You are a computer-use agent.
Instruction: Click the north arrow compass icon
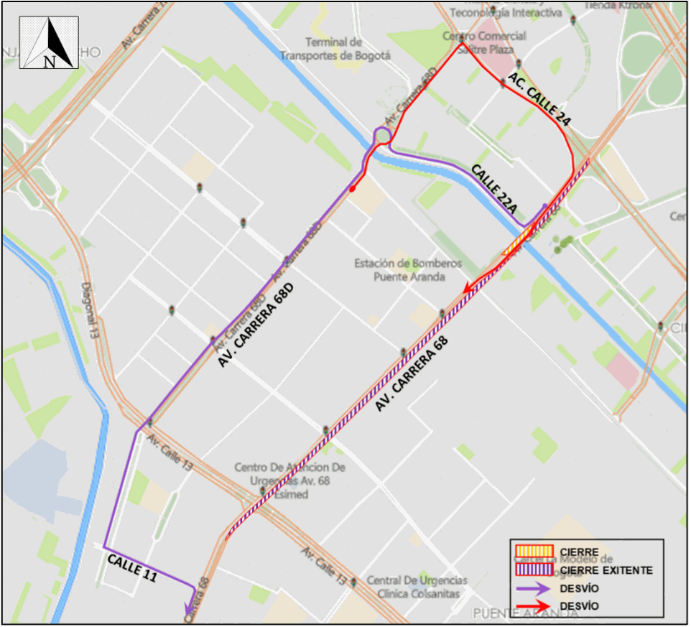pos(49,42)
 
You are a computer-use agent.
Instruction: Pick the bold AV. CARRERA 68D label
pos(257,327)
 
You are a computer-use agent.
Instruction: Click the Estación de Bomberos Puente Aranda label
pos(399,270)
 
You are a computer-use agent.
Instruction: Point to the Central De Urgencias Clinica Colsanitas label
pos(417,587)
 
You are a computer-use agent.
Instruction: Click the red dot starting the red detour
pos(352,190)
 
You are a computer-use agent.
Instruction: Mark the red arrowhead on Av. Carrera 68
pos(468,288)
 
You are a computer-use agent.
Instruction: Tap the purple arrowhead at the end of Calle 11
pos(190,593)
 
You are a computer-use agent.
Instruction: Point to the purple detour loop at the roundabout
pos(382,135)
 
